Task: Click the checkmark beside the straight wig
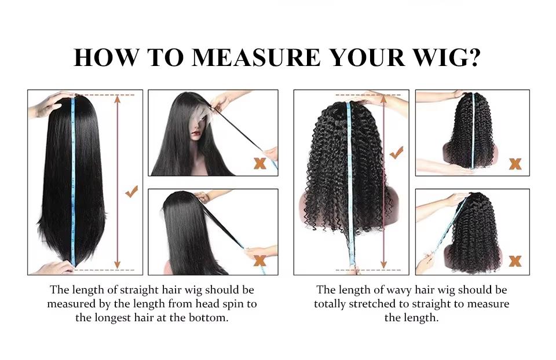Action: pyautogui.click(x=132, y=192)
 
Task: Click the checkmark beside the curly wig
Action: pyautogui.click(x=397, y=153)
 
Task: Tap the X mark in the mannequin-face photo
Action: pyautogui.click(x=260, y=163)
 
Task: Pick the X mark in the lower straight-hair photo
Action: pyautogui.click(x=260, y=262)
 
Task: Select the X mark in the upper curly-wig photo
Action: pyautogui.click(x=515, y=164)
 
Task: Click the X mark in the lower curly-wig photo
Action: pyautogui.click(x=515, y=261)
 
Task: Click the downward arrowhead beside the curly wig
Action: pyautogui.click(x=383, y=265)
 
